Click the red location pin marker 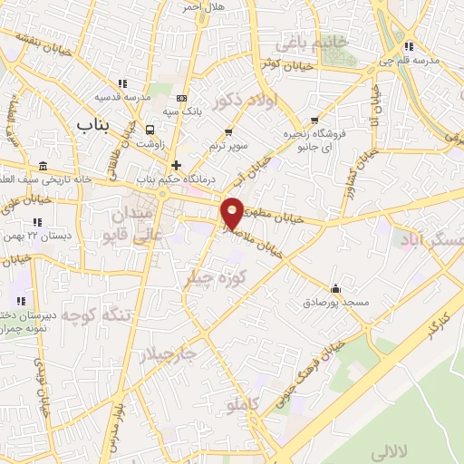[x=233, y=213]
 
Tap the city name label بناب [x=93, y=124]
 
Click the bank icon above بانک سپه [x=182, y=98]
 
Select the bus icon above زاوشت [x=150, y=129]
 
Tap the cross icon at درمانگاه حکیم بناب [x=176, y=165]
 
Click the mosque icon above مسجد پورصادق [x=336, y=288]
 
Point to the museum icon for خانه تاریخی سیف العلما [x=44, y=166]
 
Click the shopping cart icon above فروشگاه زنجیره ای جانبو [x=314, y=121]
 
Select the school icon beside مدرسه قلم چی [x=410, y=46]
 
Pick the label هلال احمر [x=202, y=6]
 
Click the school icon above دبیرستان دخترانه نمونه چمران [x=20, y=300]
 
